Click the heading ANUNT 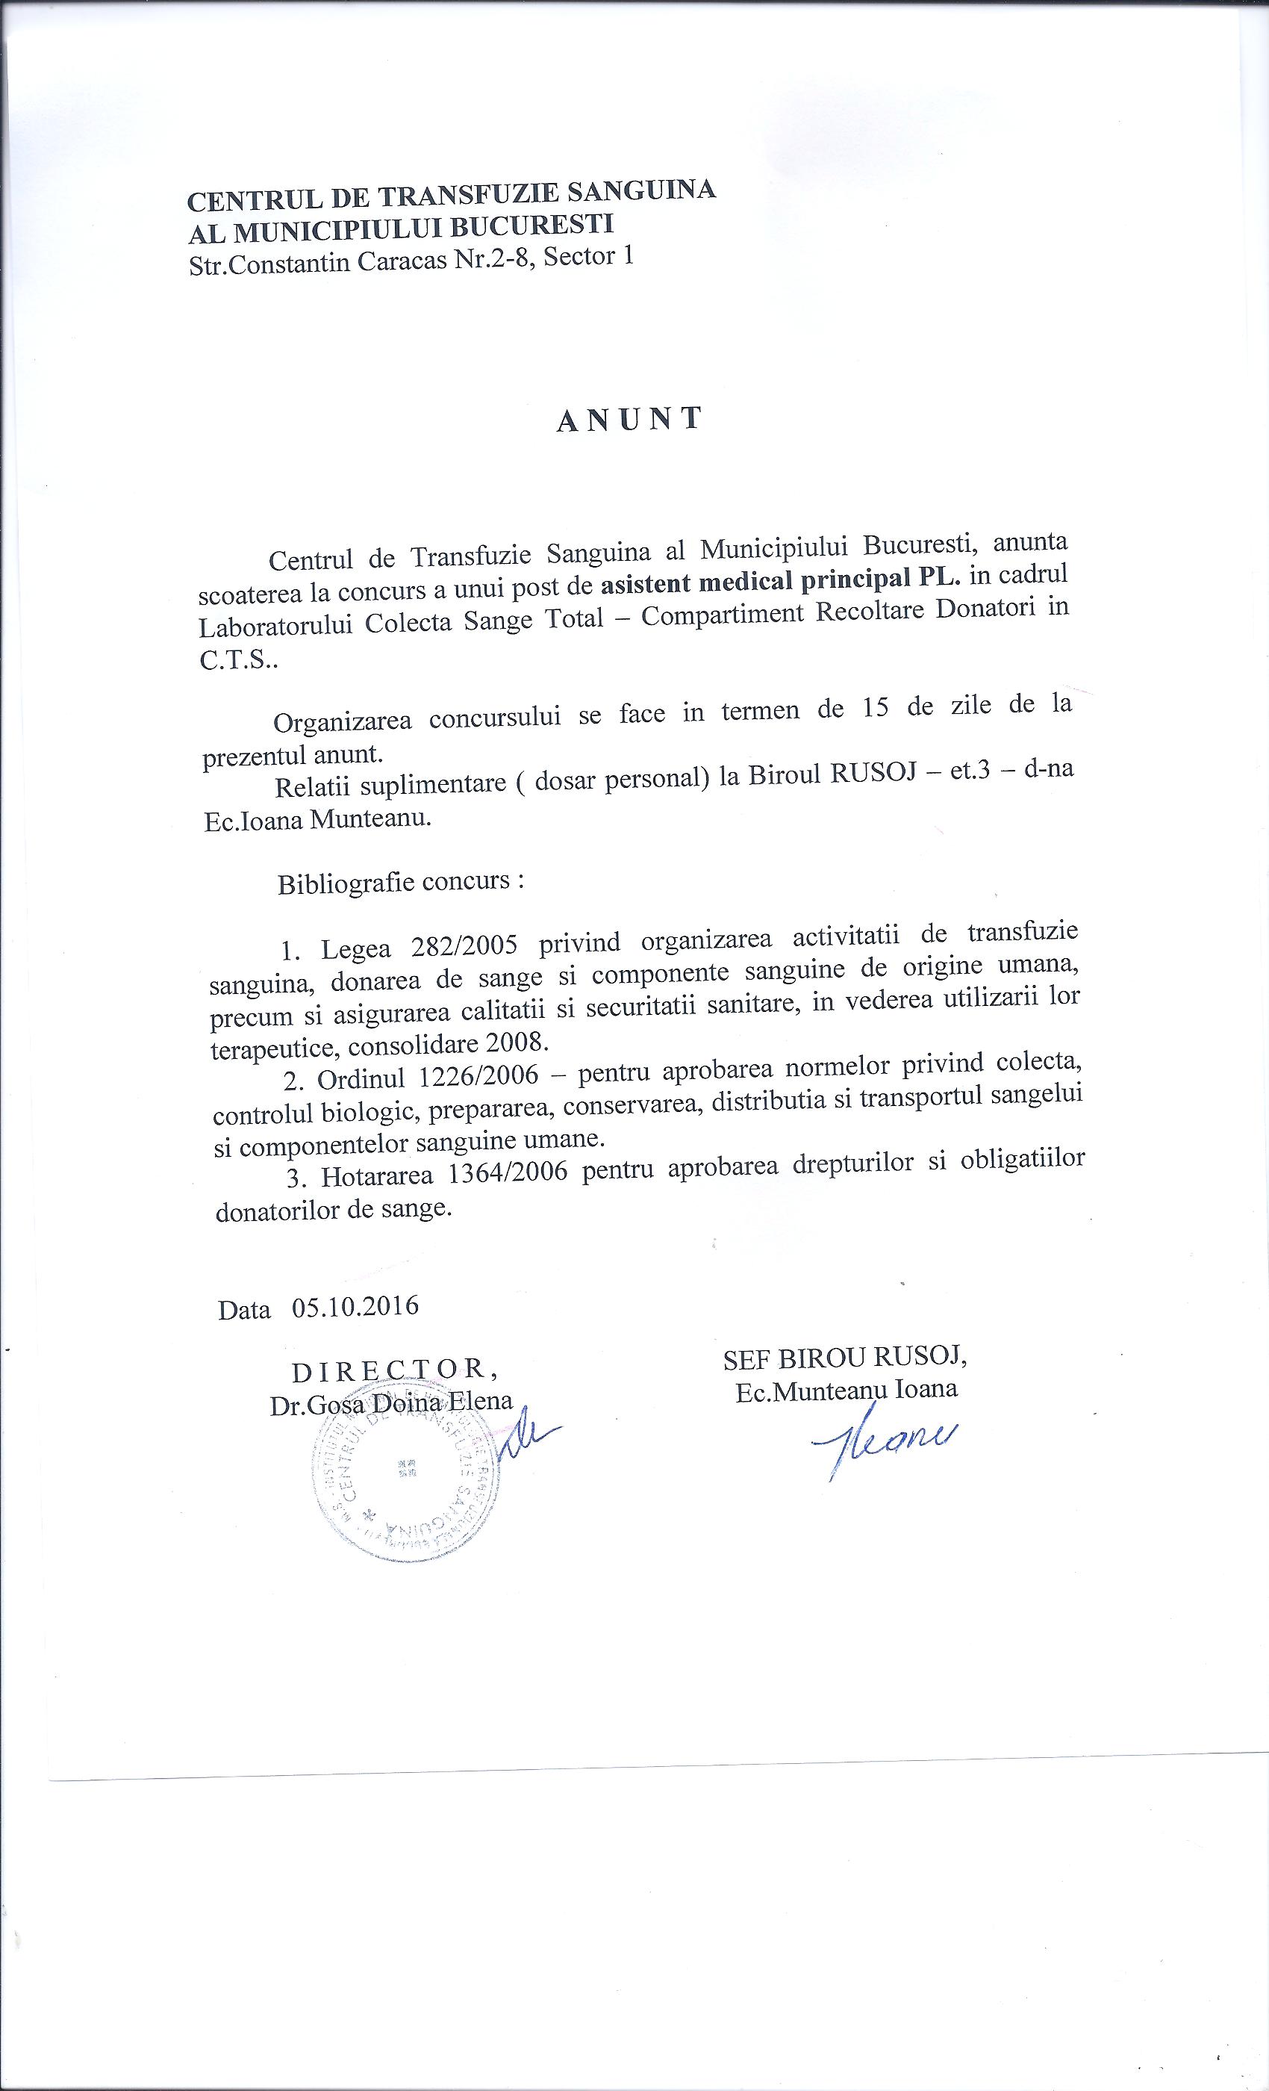(x=629, y=419)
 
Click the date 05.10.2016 (x=355, y=1305)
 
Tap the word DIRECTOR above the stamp (x=393, y=1370)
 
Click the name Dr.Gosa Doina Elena (x=391, y=1401)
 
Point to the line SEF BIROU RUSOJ (x=845, y=1358)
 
